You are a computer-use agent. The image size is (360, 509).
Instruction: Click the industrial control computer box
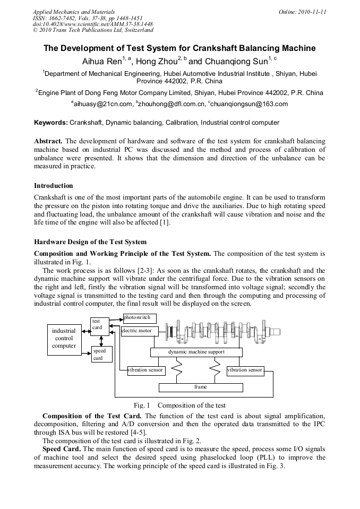(x=64, y=339)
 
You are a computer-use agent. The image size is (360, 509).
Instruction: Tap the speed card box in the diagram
(x=101, y=354)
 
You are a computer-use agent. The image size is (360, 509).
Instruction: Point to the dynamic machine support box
(x=196, y=352)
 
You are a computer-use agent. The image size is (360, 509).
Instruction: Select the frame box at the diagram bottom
(x=200, y=387)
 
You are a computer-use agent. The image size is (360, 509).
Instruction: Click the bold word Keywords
(x=50, y=123)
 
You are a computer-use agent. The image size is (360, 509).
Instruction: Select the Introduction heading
(x=54, y=186)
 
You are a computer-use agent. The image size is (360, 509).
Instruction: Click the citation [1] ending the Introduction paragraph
(x=165, y=222)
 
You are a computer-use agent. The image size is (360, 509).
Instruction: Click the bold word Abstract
(x=48, y=141)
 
